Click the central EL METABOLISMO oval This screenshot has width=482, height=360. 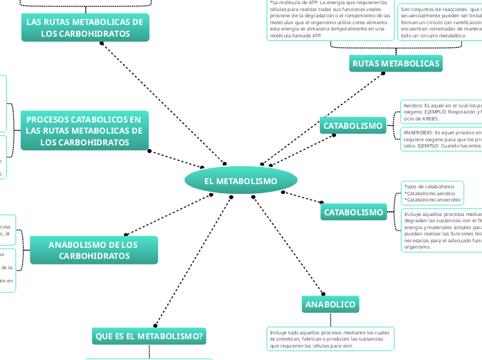point(241,181)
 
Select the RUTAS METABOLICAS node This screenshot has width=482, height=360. point(396,64)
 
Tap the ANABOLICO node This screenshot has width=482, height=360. point(330,305)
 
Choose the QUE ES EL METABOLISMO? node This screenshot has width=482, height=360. point(149,336)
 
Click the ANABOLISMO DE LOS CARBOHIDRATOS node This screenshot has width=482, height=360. point(93,250)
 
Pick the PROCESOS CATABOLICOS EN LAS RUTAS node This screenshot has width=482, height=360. point(84,131)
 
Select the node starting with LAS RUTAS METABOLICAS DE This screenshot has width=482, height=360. point(84,28)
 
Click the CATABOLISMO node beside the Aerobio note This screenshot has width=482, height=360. point(352,126)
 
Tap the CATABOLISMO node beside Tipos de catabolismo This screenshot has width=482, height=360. point(353,212)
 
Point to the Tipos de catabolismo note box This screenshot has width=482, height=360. point(431,193)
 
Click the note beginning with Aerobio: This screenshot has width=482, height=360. point(441,112)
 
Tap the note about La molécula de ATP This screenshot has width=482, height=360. point(330,19)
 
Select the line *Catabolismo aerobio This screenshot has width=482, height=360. point(429,193)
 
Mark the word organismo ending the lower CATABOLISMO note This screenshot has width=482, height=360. point(418,246)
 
